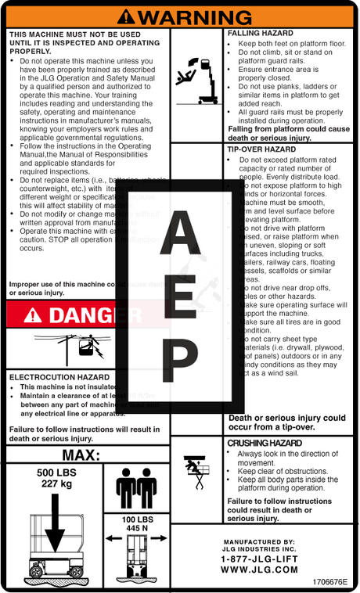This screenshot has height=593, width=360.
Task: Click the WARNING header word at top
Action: click(196, 16)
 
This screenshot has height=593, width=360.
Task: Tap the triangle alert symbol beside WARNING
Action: click(130, 16)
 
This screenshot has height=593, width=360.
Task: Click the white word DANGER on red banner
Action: click(93, 315)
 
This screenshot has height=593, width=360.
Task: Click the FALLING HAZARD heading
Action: click(261, 34)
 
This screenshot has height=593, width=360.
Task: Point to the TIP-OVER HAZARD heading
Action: click(261, 149)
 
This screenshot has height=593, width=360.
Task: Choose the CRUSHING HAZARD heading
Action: click(264, 444)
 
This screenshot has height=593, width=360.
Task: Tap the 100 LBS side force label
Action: click(137, 519)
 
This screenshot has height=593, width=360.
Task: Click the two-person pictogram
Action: click(136, 488)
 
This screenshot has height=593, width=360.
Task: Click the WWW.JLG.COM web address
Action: click(259, 570)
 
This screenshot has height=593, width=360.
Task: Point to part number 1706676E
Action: click(329, 583)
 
